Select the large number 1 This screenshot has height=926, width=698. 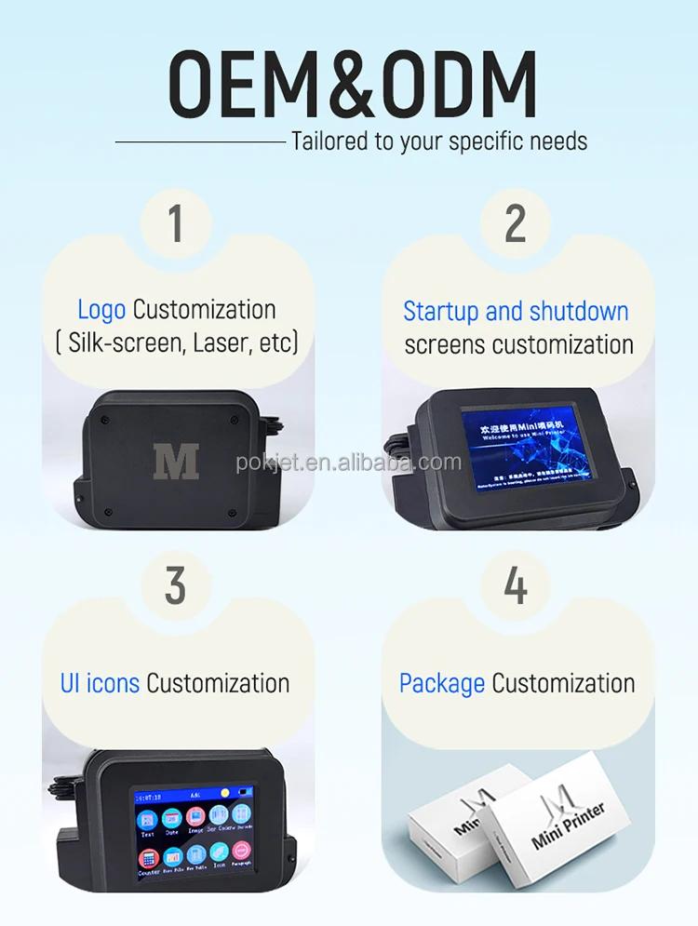pyautogui.click(x=176, y=224)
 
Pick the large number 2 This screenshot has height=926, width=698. pyautogui.click(x=516, y=224)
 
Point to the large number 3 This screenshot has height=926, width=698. pyautogui.click(x=176, y=586)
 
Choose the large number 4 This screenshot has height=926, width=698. pyautogui.click(x=516, y=587)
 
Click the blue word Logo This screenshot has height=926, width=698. pyautogui.click(x=101, y=310)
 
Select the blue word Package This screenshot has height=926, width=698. pyautogui.click(x=442, y=683)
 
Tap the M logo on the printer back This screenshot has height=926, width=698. pyautogui.click(x=176, y=462)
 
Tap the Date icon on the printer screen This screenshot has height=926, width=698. pyautogui.click(x=172, y=819)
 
